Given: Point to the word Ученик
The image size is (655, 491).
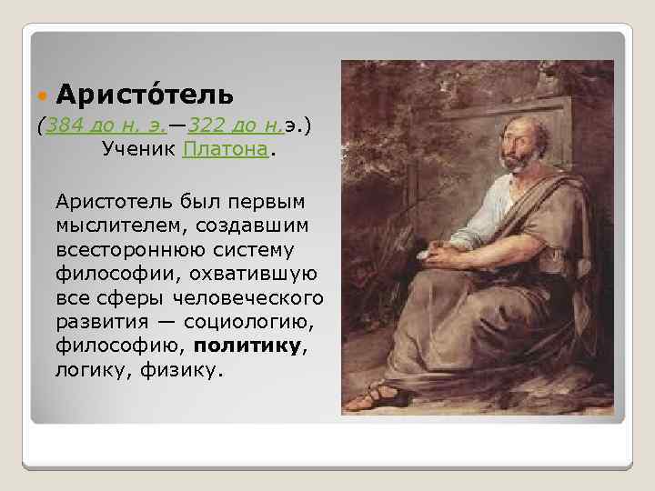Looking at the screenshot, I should coord(138,148).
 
